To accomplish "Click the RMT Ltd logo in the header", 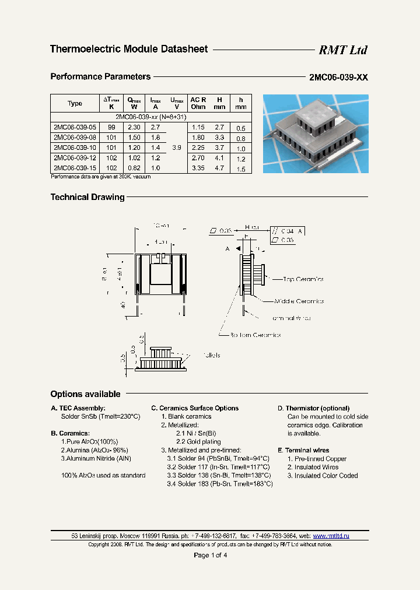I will point(342,50).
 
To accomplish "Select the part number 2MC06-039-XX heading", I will point(338,78).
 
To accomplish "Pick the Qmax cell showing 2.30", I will point(134,127).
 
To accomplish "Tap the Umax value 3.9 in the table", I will point(176,148).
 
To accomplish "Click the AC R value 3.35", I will point(198,168).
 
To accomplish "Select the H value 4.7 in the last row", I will point(219,168).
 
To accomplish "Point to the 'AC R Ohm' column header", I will point(198,103).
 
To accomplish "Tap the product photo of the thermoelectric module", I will point(315,134).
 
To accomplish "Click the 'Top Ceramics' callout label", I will point(303,279).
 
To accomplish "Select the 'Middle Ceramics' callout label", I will point(299,301).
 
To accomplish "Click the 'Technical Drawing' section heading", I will point(87,198).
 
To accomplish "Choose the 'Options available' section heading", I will point(85,394).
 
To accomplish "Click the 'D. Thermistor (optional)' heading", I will point(313,408).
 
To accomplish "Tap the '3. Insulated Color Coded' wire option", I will point(321,476).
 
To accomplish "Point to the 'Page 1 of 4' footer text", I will point(210,555).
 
